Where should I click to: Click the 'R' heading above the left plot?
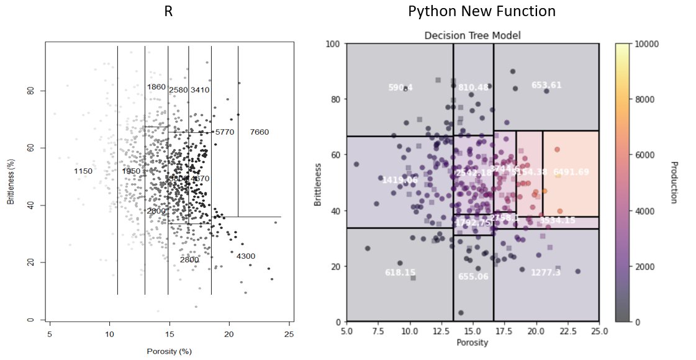click(168, 12)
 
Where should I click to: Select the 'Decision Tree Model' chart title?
click(472, 35)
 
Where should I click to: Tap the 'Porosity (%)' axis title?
click(168, 351)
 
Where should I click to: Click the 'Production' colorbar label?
click(674, 182)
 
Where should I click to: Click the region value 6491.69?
click(571, 172)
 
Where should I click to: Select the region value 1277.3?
click(546, 272)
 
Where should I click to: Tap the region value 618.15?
click(400, 272)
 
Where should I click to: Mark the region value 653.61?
click(546, 85)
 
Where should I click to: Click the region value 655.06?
click(472, 277)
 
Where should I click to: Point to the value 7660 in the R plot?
click(259, 132)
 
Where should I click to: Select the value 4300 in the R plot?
click(245, 256)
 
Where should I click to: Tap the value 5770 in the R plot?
click(224, 132)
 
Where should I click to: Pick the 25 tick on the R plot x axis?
click(288, 334)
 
